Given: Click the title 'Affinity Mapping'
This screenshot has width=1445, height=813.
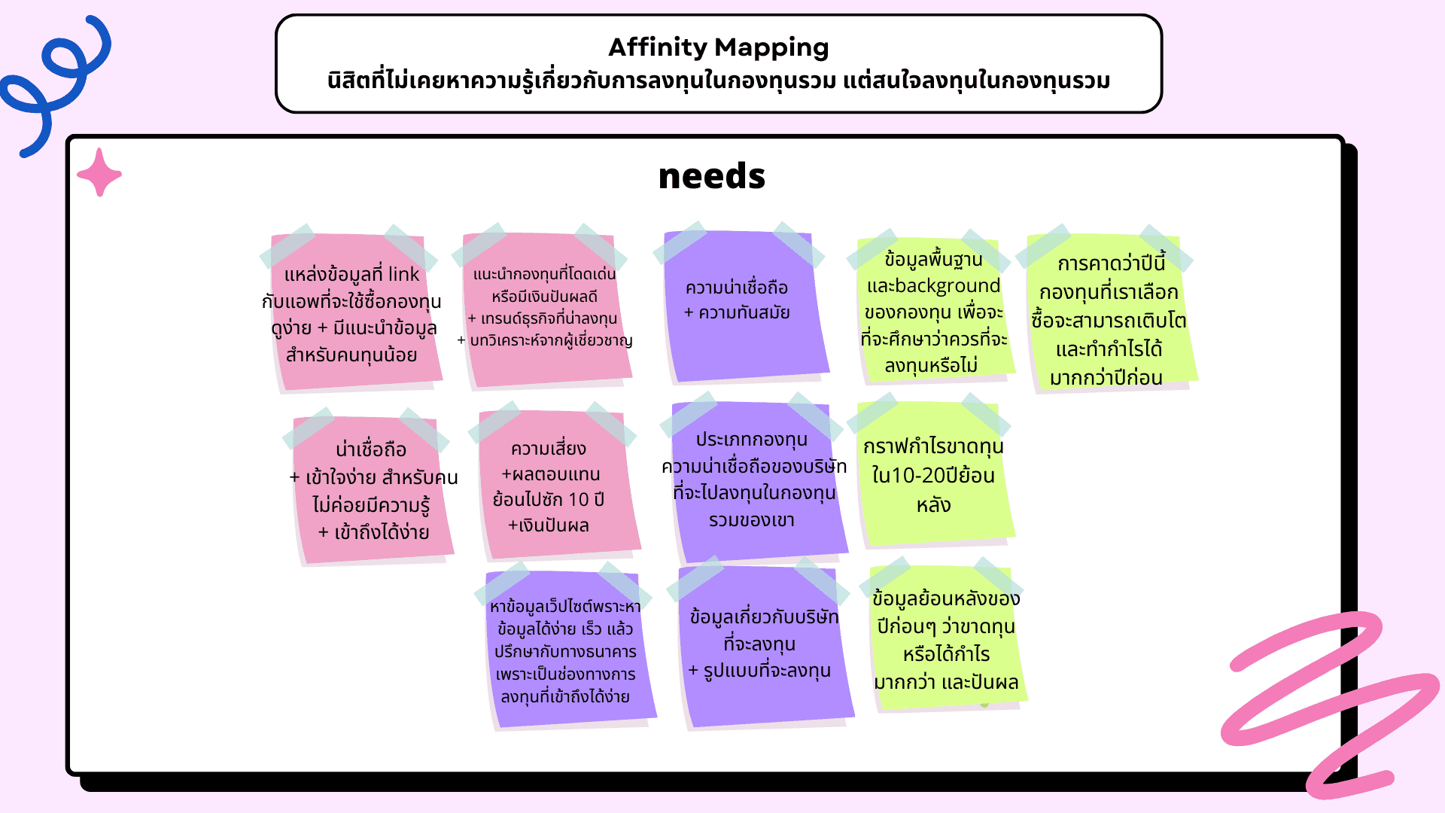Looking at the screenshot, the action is (718, 47).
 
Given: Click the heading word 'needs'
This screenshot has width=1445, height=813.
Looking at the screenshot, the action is (711, 176).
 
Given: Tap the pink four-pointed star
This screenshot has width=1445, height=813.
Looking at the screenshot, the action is (99, 173).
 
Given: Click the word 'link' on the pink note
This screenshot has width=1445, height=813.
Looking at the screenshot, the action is (403, 274).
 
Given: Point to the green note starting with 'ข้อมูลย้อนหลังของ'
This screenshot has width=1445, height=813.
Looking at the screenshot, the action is (945, 640).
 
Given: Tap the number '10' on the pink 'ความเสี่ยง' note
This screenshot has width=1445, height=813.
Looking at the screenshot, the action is (578, 500).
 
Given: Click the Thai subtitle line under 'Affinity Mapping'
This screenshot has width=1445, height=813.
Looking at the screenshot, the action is (718, 81).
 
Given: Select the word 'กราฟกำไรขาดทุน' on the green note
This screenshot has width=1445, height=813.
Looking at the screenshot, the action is (933, 446).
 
